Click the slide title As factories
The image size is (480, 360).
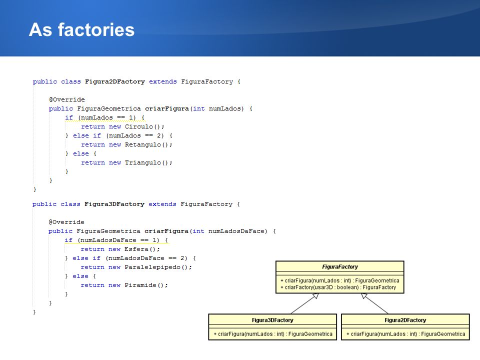point(81,29)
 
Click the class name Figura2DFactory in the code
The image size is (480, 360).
point(115,81)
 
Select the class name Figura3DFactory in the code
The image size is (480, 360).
point(114,204)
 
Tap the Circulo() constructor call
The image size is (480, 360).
point(144,126)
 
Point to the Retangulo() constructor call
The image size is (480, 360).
point(148,145)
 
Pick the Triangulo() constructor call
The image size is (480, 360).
point(148,163)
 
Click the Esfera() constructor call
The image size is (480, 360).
point(142,249)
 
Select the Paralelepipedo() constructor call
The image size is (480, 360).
point(158,267)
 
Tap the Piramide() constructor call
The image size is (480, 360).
point(146,285)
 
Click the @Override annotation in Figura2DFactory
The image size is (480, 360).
point(66,100)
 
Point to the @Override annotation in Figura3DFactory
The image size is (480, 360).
point(66,222)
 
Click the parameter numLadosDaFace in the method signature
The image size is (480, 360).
point(236,231)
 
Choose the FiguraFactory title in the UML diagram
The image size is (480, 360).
point(340,266)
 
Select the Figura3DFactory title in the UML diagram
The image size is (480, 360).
point(272,320)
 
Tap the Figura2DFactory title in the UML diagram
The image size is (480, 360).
point(405,320)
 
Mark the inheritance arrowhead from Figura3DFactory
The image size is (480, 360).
point(316,296)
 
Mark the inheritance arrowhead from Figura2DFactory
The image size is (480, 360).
point(364,296)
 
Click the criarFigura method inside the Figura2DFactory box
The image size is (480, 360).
point(405,334)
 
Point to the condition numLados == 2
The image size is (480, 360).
point(134,135)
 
